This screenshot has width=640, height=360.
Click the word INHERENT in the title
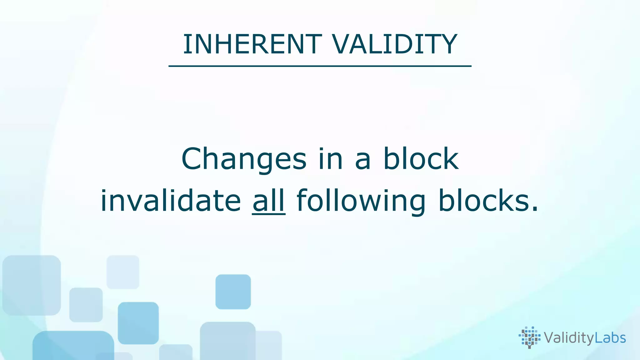[x=252, y=44]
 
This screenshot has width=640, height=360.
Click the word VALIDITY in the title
[x=395, y=44]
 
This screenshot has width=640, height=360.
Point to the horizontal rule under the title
[x=320, y=66]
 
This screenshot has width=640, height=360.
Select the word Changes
[x=244, y=159]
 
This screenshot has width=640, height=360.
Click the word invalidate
[x=171, y=201]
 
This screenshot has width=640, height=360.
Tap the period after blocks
[x=535, y=210]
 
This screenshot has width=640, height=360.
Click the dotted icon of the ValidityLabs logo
[x=529, y=337]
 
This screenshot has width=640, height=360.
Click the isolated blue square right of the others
[x=233, y=292]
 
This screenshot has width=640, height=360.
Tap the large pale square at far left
[x=31, y=285]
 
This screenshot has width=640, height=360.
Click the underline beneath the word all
[x=269, y=214]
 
